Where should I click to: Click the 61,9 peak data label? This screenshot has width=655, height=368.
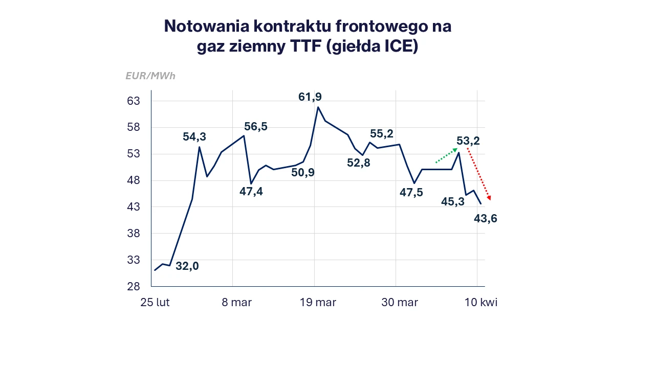[310, 97]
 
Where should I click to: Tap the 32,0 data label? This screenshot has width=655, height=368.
[187, 266]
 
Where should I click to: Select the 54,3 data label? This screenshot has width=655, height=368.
[194, 136]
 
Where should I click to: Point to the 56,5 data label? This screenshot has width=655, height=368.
[256, 127]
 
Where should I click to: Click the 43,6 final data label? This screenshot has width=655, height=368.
[486, 219]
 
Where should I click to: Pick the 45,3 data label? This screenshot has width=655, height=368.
[453, 202]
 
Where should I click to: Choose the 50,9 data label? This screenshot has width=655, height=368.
[303, 173]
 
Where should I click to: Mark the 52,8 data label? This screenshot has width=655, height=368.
[358, 163]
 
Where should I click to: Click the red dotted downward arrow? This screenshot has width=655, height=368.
[479, 174]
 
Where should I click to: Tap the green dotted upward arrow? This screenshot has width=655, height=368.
[446, 156]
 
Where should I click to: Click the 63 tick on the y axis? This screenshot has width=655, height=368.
[133, 101]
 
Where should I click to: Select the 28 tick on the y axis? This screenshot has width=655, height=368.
[133, 287]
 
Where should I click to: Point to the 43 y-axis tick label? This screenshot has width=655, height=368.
[133, 207]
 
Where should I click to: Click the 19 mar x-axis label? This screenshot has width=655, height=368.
[318, 303]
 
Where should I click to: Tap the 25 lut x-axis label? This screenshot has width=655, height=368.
[155, 303]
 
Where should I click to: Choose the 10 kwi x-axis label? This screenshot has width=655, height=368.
[481, 303]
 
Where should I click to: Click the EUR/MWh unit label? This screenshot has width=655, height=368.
[150, 76]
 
